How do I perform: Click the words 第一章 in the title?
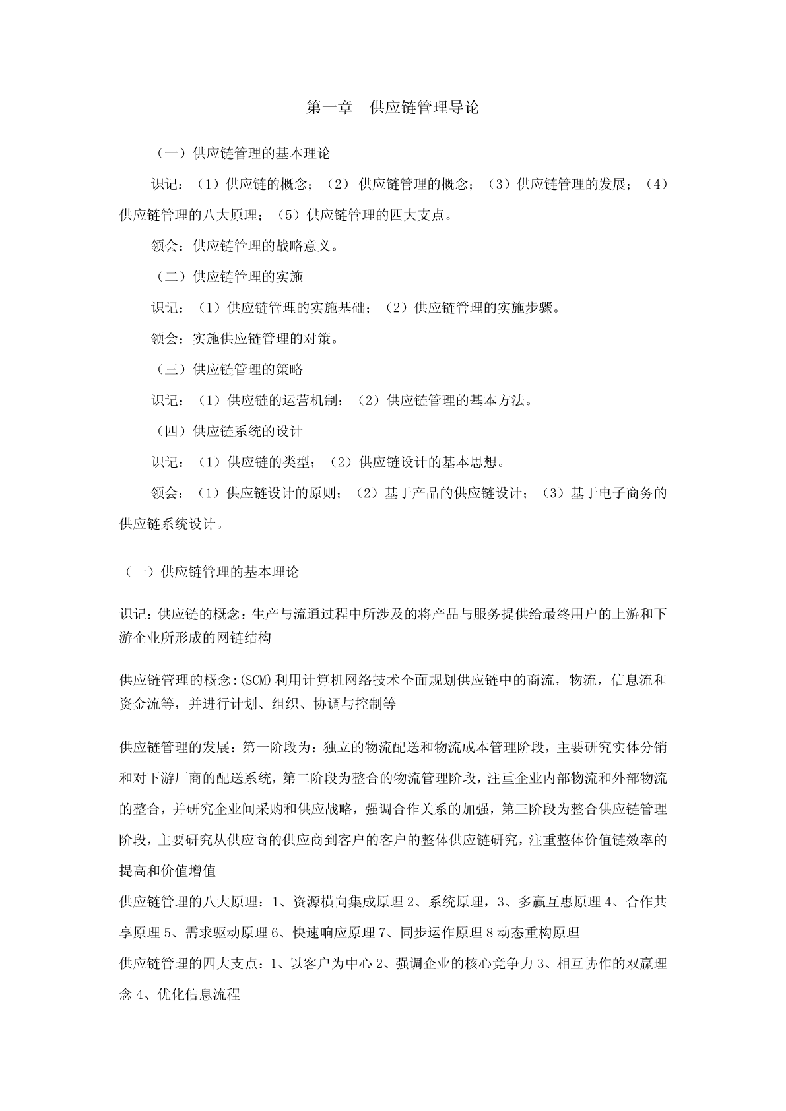(330, 108)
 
